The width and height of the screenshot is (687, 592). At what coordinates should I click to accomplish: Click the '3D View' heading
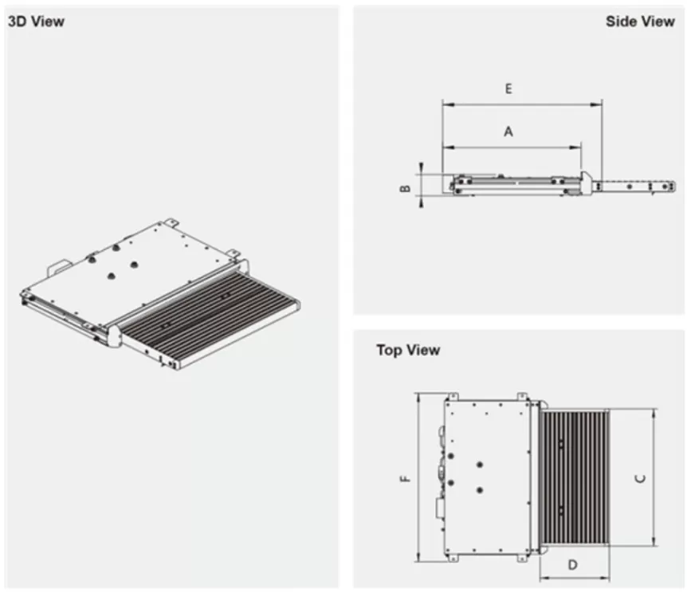[x=36, y=22]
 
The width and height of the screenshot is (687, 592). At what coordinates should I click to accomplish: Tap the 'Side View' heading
[x=639, y=22]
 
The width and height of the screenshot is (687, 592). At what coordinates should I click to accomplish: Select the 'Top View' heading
[x=408, y=350]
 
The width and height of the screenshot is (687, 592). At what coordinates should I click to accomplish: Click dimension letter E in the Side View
[x=508, y=89]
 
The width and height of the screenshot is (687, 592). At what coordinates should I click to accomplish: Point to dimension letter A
[x=508, y=132]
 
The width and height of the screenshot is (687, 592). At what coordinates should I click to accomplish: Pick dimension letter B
[x=405, y=188]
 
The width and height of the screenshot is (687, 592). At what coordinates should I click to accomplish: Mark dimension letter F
[x=405, y=478]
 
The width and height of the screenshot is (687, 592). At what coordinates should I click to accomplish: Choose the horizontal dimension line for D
[x=574, y=576]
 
